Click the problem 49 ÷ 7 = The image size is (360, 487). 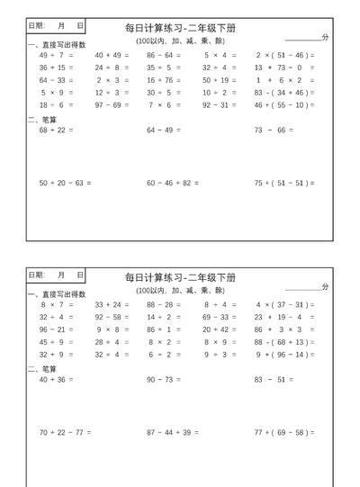(x=57, y=55)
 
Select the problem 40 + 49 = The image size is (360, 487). (x=112, y=55)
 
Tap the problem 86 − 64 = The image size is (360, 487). (x=165, y=55)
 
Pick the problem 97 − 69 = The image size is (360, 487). (x=112, y=105)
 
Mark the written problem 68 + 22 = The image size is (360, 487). (x=57, y=131)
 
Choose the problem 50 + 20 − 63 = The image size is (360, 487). (x=65, y=183)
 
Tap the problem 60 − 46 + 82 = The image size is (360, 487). (x=173, y=183)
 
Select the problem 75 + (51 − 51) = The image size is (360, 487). (x=284, y=183)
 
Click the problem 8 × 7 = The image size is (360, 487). (x=57, y=304)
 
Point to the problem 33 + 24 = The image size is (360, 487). (x=112, y=304)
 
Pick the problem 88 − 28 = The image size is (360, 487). (x=165, y=304)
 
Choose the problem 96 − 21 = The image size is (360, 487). (x=57, y=329)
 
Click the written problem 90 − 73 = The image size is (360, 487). (x=165, y=380)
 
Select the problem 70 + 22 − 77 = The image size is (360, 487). (x=65, y=432)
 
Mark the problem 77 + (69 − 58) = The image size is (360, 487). (x=284, y=432)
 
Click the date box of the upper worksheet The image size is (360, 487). (x=56, y=26)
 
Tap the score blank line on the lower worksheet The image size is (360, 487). (x=302, y=290)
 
